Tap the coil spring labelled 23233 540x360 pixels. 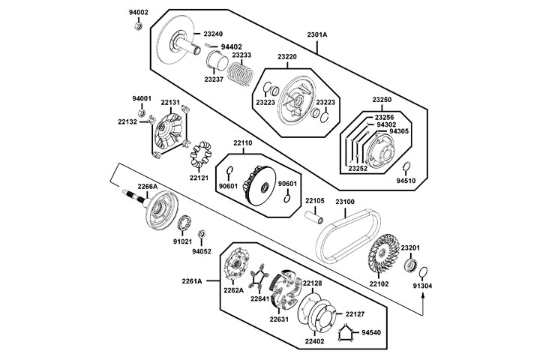point(241,73)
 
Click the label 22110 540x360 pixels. point(243,142)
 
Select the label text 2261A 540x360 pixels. point(192,281)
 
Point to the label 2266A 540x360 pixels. point(147,186)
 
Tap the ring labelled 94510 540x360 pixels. point(406,167)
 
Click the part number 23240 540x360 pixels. point(212,34)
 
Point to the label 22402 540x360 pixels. point(315,341)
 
